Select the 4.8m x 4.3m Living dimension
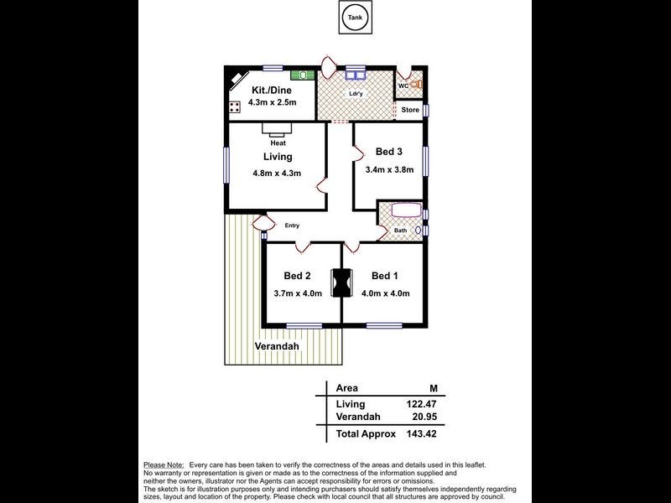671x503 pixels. [277, 174]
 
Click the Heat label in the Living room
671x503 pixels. [277, 143]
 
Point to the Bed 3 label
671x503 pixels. [388, 152]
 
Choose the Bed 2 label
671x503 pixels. [297, 277]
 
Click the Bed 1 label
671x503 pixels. [385, 277]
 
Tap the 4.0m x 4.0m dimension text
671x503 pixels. [385, 293]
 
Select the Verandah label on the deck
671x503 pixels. [277, 345]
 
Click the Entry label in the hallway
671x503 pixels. [292, 225]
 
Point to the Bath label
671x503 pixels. [400, 231]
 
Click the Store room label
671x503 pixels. [409, 111]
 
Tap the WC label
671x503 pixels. [403, 86]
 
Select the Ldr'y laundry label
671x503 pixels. [356, 93]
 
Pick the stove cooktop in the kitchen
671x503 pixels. [235, 106]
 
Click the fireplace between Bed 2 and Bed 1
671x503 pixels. [341, 283]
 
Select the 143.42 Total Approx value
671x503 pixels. [422, 434]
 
